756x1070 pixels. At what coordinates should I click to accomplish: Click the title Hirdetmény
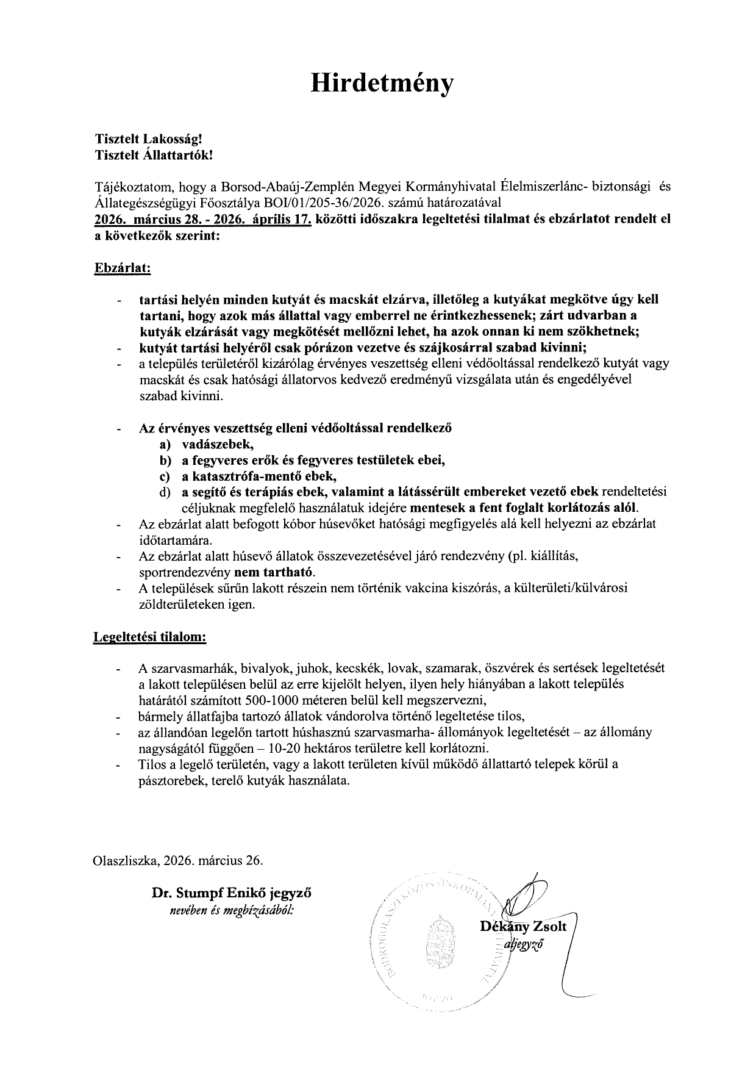click(x=382, y=84)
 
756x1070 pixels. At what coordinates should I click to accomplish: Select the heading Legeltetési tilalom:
click(x=150, y=637)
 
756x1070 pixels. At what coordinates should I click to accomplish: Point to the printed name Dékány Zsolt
click(x=523, y=927)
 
